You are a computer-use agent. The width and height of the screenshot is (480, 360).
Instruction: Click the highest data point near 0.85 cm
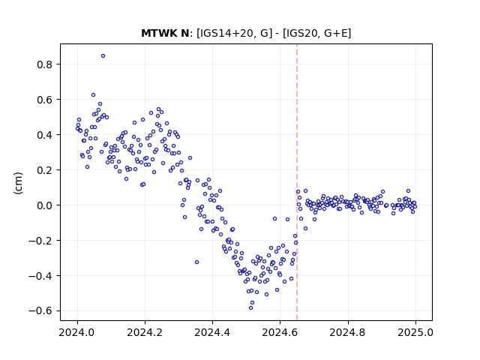(x=103, y=56)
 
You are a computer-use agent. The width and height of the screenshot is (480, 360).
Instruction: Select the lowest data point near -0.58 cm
(x=251, y=308)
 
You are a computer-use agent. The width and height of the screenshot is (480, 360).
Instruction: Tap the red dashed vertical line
(x=297, y=182)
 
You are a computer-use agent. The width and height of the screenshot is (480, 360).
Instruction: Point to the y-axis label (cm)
(x=18, y=183)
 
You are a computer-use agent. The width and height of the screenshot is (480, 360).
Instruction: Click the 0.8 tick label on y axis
(x=45, y=64)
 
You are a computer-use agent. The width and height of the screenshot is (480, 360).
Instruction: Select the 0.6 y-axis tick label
(x=45, y=100)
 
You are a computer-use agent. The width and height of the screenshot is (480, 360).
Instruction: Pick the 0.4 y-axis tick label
(x=45, y=135)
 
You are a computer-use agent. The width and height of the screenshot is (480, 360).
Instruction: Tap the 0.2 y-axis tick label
(x=45, y=170)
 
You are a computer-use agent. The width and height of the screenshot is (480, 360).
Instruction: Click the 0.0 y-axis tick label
(x=45, y=205)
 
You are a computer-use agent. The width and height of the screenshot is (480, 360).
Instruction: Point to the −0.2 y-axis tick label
(x=41, y=241)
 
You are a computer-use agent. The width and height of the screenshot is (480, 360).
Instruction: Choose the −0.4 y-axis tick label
(x=41, y=276)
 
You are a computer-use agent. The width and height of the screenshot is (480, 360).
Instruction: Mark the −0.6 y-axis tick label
(x=41, y=311)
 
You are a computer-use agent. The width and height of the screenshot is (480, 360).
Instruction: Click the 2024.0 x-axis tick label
(x=77, y=332)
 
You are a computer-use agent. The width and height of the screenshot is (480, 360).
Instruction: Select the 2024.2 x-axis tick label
(x=145, y=332)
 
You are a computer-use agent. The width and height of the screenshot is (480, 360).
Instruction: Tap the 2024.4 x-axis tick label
(x=212, y=332)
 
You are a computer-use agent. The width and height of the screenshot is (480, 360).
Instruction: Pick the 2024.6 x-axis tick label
(x=280, y=332)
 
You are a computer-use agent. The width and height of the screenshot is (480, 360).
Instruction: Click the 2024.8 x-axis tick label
(x=348, y=332)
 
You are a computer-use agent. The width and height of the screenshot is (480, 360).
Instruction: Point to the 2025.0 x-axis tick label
(x=415, y=332)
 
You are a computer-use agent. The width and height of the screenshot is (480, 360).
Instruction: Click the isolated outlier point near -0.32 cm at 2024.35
(x=196, y=262)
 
